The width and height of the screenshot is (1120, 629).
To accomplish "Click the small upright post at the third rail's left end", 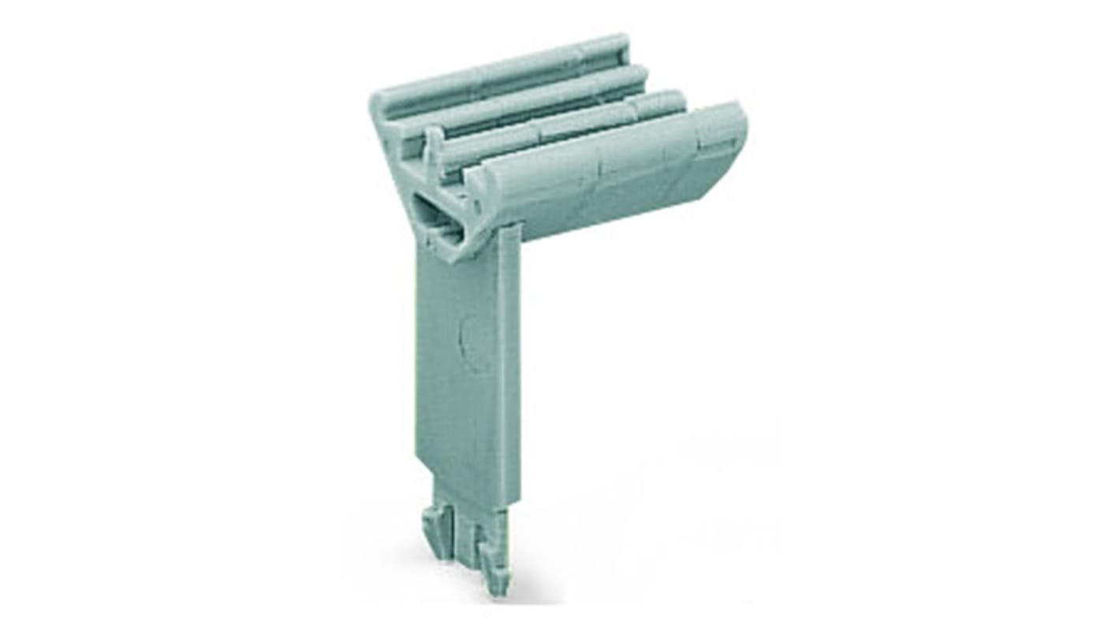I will (x=433, y=146).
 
